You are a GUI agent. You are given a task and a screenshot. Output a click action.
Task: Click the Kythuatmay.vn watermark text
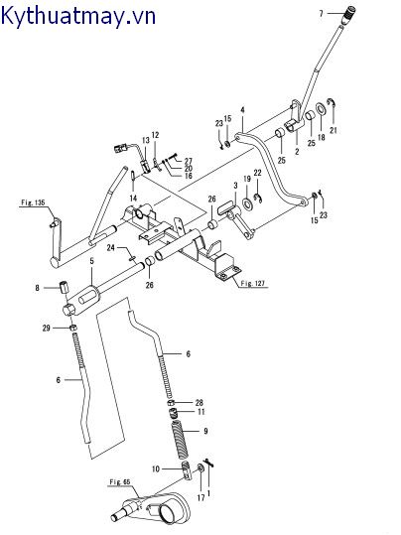coord(78,16)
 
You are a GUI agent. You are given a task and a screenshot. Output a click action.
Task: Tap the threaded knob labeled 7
coord(348,14)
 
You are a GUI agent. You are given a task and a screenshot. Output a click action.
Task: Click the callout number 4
coord(242,110)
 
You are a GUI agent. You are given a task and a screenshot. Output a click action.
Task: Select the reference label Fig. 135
coord(33,202)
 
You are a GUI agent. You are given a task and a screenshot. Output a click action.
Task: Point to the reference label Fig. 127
coord(252,284)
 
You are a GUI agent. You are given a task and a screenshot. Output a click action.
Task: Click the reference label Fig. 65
coord(120,482)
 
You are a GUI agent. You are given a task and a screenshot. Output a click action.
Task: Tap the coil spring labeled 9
coord(181,440)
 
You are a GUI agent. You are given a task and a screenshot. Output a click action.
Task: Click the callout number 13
coord(146,140)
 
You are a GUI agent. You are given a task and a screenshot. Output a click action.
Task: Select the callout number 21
coord(334,130)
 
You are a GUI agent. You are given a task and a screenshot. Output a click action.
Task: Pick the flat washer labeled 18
coord(321,109)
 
